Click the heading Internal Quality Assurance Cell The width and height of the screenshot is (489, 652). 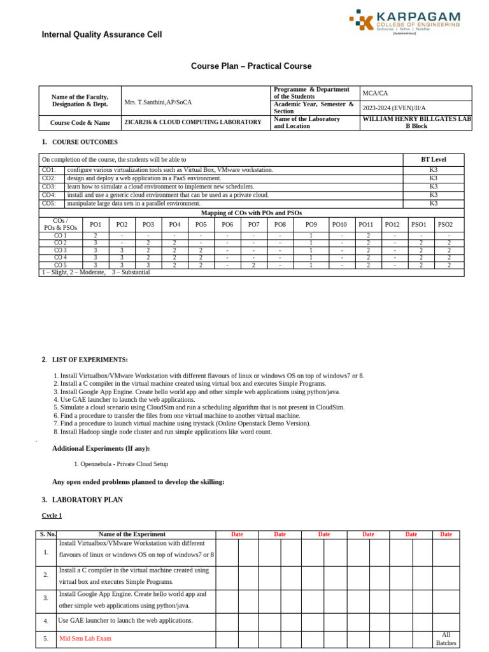pyautogui.click(x=102, y=35)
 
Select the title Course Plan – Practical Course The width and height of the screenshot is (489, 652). pyautogui.click(x=252, y=66)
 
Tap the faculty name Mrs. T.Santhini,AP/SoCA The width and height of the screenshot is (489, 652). pyautogui.click(x=158, y=102)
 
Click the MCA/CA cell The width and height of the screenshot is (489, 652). pyautogui.click(x=375, y=93)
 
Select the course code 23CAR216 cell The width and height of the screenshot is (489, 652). pyautogui.click(x=192, y=122)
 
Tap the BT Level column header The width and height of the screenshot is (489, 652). pyautogui.click(x=433, y=159)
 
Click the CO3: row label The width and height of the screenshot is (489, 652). pyautogui.click(x=49, y=187)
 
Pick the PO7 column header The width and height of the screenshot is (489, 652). pyautogui.click(x=253, y=225)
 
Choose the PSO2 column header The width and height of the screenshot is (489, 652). pyautogui.click(x=445, y=225)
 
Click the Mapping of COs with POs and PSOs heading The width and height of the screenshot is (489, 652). pyautogui.click(x=252, y=213)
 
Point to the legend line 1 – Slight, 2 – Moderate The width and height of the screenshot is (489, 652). pyautogui.click(x=96, y=273)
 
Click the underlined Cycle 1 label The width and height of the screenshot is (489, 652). pyautogui.click(x=52, y=516)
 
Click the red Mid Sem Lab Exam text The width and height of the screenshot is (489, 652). pyautogui.click(x=85, y=639)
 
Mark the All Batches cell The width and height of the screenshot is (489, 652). pyautogui.click(x=446, y=639)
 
